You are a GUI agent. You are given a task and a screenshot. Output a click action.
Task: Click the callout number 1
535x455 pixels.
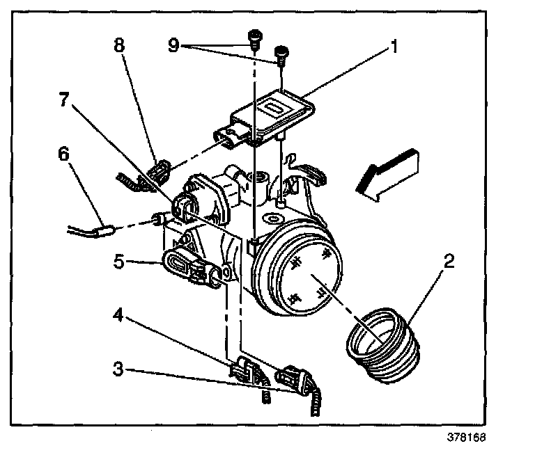(x=394, y=48)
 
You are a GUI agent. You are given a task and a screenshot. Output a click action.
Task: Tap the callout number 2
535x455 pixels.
(x=450, y=262)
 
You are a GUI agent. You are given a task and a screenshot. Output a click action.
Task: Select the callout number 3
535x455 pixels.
(x=119, y=368)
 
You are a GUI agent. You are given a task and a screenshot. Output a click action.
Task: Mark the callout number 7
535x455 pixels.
(x=64, y=99)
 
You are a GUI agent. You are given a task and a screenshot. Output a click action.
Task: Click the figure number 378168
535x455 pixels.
(x=465, y=439)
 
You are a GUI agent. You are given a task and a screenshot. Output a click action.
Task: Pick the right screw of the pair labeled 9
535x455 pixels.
(x=282, y=53)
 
